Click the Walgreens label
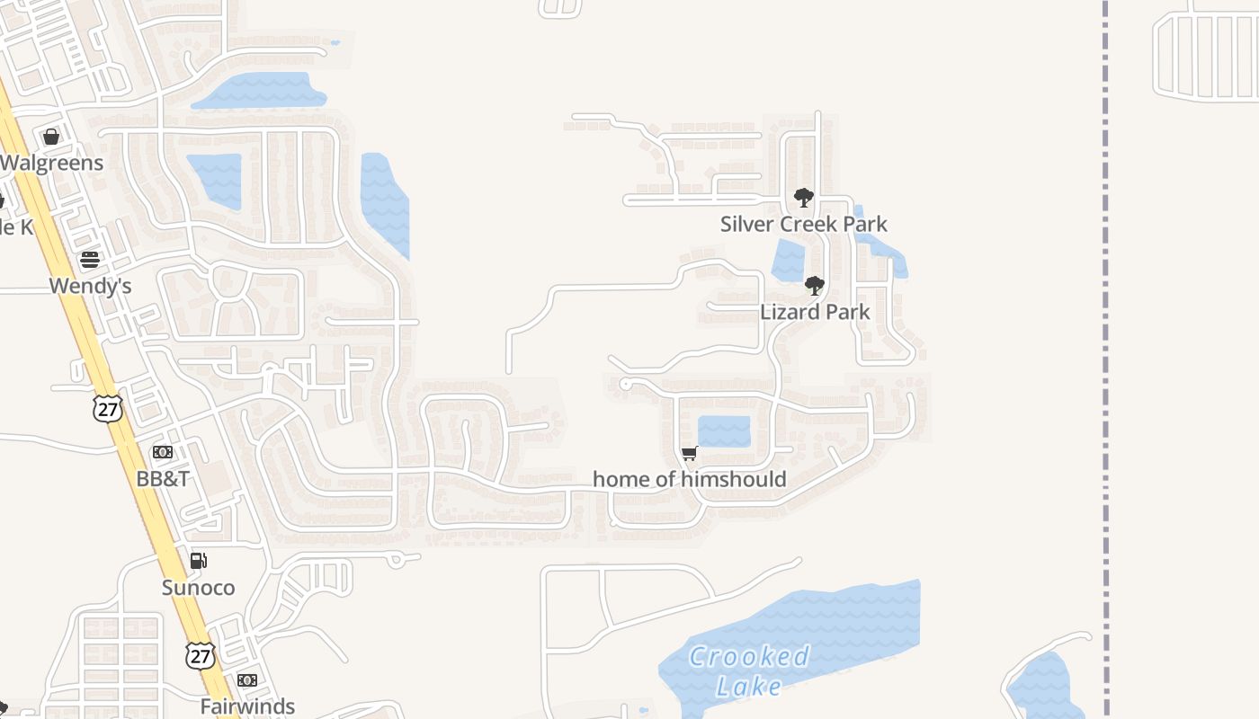(x=52, y=164)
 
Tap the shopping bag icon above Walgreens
(x=51, y=137)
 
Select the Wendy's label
(x=90, y=286)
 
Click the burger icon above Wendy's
(x=90, y=260)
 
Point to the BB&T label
(x=163, y=478)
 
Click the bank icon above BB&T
(x=163, y=452)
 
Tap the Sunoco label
(x=198, y=588)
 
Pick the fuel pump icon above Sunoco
(x=198, y=561)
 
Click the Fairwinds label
(x=247, y=706)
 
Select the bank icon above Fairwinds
(x=247, y=680)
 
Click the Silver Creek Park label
(x=803, y=224)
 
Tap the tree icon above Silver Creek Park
(x=803, y=198)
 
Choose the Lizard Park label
(x=815, y=312)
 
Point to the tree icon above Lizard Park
(x=815, y=286)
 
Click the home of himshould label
(x=690, y=479)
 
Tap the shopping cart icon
(x=690, y=453)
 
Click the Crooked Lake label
(x=749, y=671)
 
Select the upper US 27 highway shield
(x=107, y=408)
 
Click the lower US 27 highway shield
(x=201, y=655)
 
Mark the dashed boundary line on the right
(x=1105, y=359)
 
